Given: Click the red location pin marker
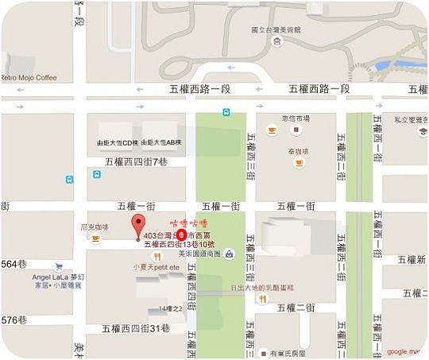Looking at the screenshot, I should pos(137,223).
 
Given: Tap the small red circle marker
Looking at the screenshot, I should pos(180,235).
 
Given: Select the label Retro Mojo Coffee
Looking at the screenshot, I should pos(29,78).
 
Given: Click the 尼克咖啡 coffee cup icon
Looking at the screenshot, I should pos(96,238).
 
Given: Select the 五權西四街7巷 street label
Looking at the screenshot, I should pos(137,161).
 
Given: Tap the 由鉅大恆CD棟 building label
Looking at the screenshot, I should pos(118,142).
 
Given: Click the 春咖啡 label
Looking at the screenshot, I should pos(298,150).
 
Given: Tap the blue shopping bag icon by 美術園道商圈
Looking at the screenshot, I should pos(229,254).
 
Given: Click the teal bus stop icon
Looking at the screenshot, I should pos(226,112).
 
